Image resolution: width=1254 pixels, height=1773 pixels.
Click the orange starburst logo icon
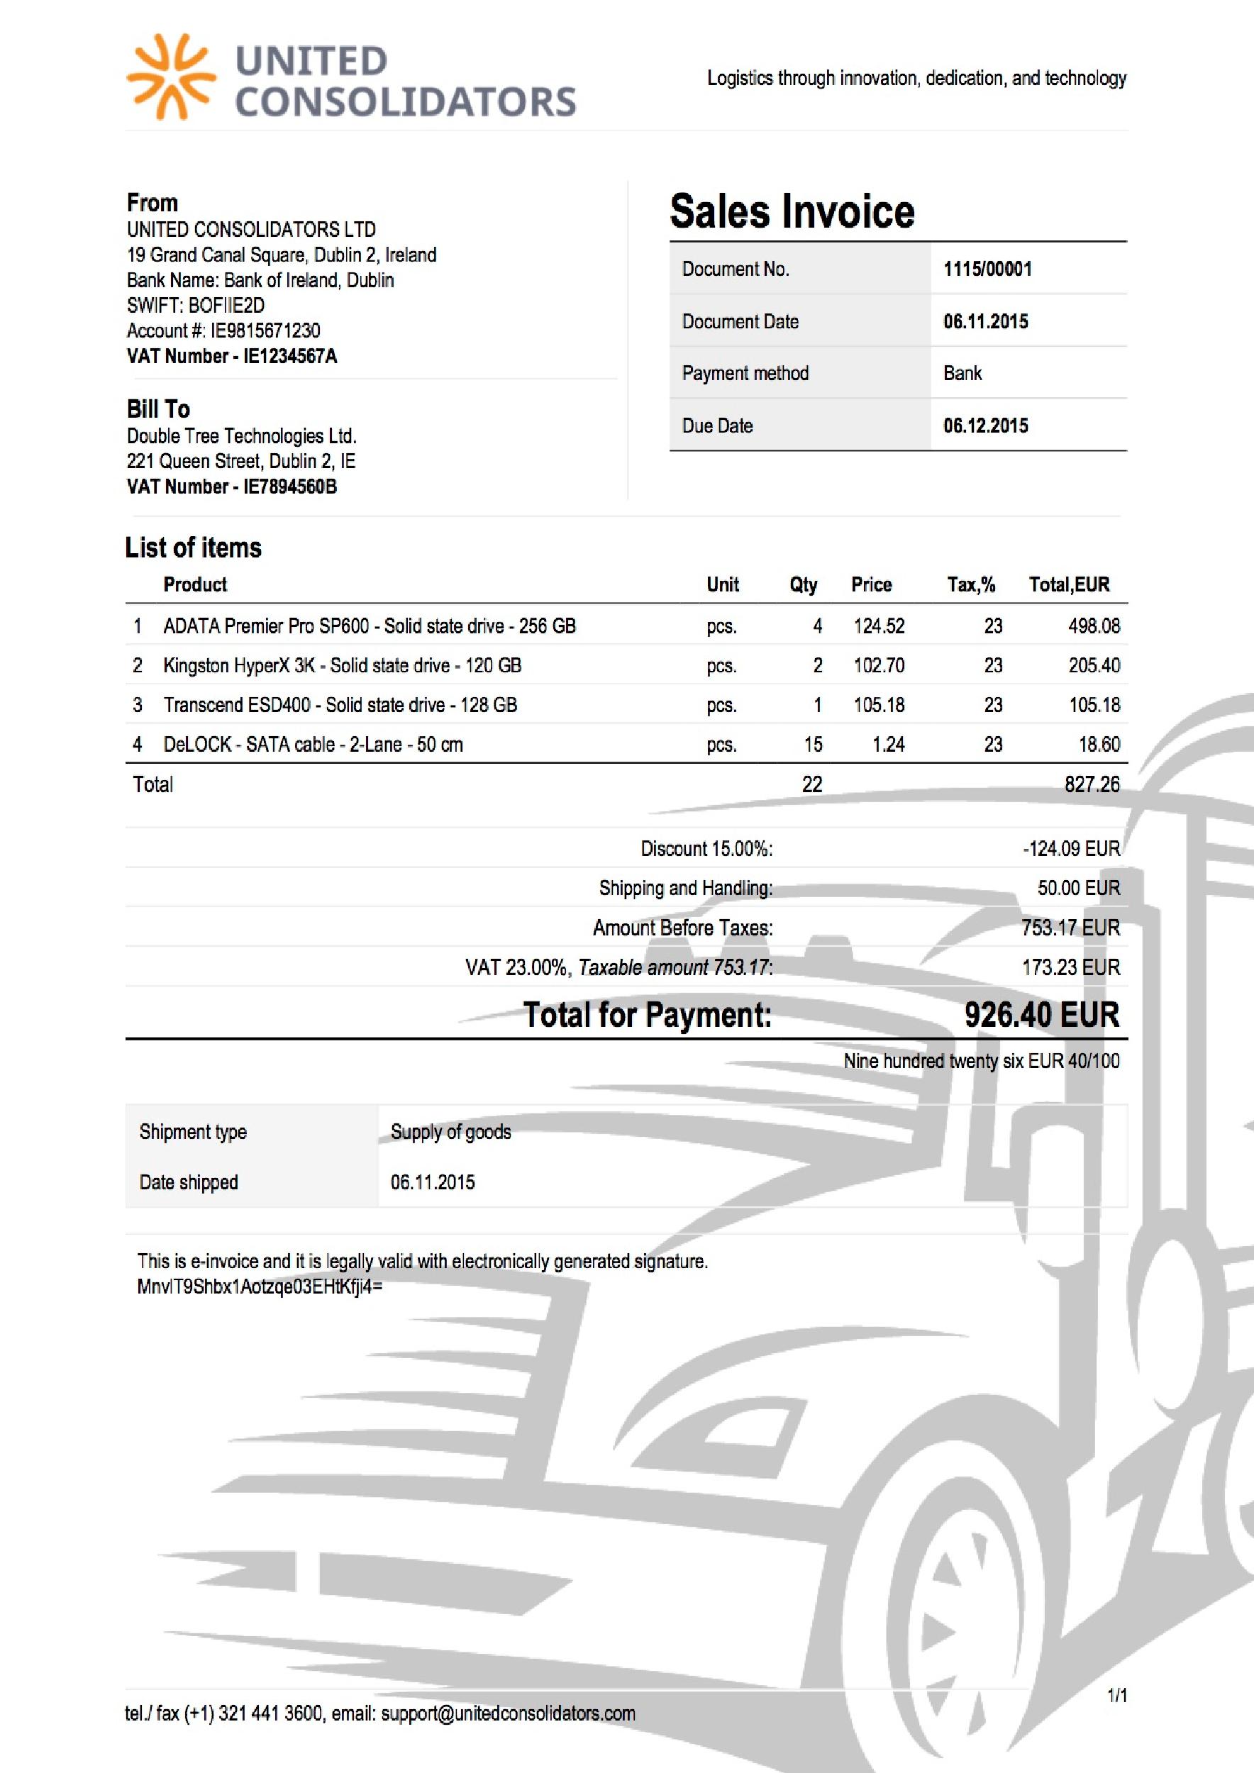click(171, 77)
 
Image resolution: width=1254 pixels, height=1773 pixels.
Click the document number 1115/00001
click(987, 269)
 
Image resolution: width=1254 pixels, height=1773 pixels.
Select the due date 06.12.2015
click(985, 426)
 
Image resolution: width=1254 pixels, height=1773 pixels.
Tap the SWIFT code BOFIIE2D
click(226, 305)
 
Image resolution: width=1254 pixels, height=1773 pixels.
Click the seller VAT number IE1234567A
click(289, 356)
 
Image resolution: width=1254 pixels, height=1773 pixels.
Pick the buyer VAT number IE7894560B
click(289, 487)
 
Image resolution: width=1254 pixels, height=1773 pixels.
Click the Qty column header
click(803, 584)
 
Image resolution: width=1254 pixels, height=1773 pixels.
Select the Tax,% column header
click(970, 584)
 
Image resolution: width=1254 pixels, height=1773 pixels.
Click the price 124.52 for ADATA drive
click(879, 626)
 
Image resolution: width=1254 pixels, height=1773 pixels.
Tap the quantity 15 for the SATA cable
click(813, 745)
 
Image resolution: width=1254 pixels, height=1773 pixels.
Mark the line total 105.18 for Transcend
click(1094, 704)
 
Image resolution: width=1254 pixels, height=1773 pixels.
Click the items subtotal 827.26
click(1091, 784)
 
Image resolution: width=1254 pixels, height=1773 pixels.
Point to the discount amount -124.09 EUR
click(1071, 849)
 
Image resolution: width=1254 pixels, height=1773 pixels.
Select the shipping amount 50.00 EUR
click(1078, 888)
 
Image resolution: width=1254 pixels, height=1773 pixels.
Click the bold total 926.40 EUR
click(1041, 1015)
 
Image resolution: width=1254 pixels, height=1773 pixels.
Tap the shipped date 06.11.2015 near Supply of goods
click(433, 1182)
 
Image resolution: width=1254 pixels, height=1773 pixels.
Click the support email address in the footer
click(508, 1713)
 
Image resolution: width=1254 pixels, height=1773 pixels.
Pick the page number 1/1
click(1117, 1696)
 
